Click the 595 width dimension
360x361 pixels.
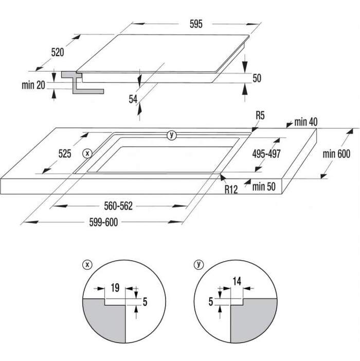196,24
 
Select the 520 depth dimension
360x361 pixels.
58,52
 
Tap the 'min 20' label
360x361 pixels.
33,85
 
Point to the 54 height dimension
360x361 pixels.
133,99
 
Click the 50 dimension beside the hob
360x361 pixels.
257,78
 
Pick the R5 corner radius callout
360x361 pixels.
260,115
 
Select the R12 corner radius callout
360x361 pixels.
231,190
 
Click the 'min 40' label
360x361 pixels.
306,122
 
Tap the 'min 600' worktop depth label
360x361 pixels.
336,154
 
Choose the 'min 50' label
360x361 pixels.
264,186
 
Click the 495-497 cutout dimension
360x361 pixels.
266,154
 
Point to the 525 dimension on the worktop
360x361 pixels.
65,153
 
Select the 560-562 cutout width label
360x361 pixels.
118,206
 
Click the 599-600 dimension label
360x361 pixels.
103,222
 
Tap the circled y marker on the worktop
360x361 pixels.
171,135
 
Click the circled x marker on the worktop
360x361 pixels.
87,153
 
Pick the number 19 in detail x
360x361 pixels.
115,288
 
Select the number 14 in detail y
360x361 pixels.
237,281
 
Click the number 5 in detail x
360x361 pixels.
145,302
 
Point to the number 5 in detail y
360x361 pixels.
211,301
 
